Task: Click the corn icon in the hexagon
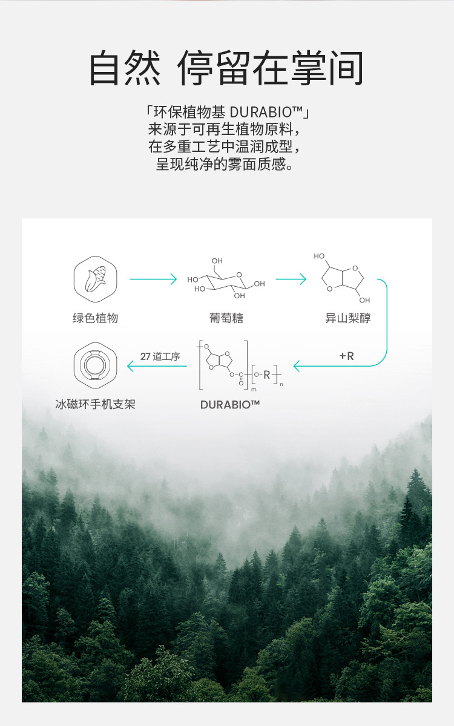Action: [x=95, y=279]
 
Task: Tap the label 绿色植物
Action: [x=96, y=318]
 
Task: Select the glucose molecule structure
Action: [x=226, y=278]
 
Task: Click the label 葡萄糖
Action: [x=226, y=318]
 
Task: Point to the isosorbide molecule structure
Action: [x=342, y=278]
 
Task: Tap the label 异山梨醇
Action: [x=348, y=318]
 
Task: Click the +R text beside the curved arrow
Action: [x=346, y=356]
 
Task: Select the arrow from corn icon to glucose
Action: [x=153, y=279]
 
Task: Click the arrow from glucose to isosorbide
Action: [x=291, y=279]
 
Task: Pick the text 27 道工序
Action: [x=160, y=356]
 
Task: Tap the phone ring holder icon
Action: [x=95, y=365]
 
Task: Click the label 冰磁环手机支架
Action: [x=96, y=405]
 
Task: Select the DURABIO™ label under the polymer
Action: [x=230, y=405]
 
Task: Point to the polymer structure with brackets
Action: [x=240, y=365]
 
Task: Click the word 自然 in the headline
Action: [x=125, y=68]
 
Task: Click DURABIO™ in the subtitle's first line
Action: [x=266, y=112]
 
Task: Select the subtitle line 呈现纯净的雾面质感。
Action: [x=225, y=164]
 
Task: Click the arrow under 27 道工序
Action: [x=157, y=366]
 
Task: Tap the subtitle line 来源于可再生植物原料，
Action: [x=225, y=129]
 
